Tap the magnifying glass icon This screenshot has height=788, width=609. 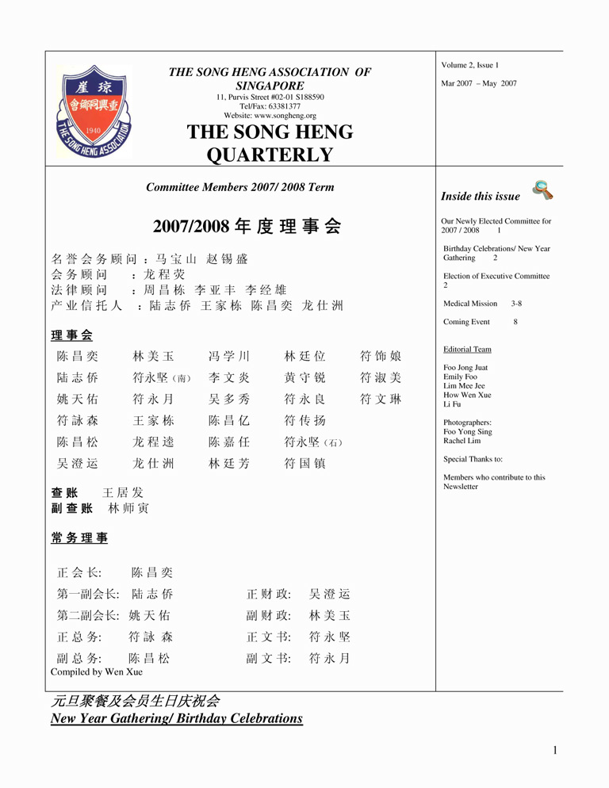[542, 190]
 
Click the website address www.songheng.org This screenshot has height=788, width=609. [270, 116]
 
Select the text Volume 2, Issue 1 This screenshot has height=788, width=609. [470, 65]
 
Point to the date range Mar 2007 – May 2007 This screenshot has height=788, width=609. [478, 83]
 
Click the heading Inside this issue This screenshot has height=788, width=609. [481, 197]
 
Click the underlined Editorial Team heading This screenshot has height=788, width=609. [467, 350]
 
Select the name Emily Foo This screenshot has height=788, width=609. [460, 377]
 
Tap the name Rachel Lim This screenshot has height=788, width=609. [462, 441]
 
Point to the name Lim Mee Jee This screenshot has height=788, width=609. [464, 386]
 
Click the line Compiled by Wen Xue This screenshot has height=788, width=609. [97, 672]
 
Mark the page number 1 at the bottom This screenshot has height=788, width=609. [556, 751]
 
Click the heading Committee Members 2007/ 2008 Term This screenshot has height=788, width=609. [240, 188]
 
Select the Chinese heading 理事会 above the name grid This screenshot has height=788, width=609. [71, 335]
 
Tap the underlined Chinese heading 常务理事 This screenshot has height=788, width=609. [79, 538]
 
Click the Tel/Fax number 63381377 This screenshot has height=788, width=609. [270, 106]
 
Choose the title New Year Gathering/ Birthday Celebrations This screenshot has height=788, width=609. [176, 719]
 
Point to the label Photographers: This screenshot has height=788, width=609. [467, 423]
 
